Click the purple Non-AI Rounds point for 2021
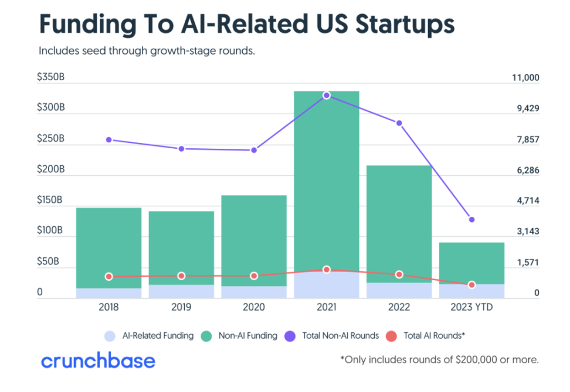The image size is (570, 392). pyautogui.click(x=327, y=95)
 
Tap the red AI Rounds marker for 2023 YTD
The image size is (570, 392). pyautogui.click(x=471, y=285)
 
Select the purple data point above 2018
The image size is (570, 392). pyautogui.click(x=109, y=139)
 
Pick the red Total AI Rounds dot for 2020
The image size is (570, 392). pyautogui.click(x=254, y=275)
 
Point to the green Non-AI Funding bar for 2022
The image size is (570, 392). pyautogui.click(x=399, y=223)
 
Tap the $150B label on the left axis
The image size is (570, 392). pyautogui.click(x=51, y=200)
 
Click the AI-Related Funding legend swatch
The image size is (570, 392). pyautogui.click(x=109, y=336)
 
